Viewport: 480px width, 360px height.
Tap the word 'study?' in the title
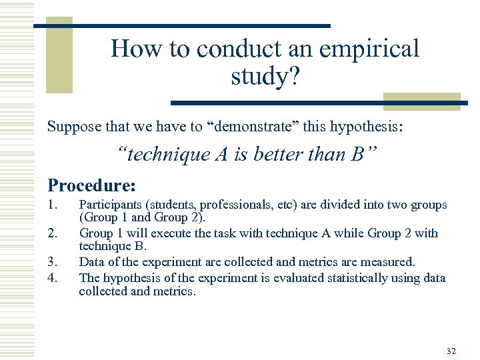click(x=265, y=76)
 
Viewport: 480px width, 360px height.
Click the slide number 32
click(x=451, y=351)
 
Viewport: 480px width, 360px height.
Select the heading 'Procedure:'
click(x=91, y=185)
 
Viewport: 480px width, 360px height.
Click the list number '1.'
click(x=53, y=205)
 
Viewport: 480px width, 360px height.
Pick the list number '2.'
click(x=53, y=233)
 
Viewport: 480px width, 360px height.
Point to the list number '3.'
click(x=53, y=261)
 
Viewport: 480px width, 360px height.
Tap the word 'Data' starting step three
click(x=91, y=261)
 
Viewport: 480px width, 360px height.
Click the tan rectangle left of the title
click(x=59, y=57)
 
